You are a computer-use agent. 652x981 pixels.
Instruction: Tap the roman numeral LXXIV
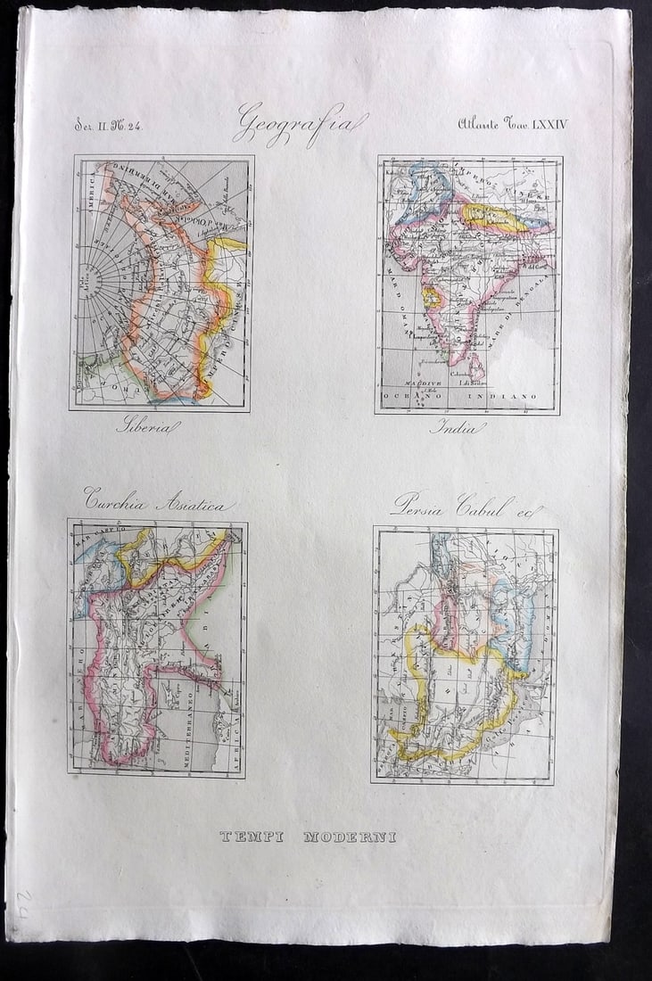[549, 124]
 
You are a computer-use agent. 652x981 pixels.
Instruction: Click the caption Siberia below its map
[147, 426]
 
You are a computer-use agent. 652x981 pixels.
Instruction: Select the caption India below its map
[458, 427]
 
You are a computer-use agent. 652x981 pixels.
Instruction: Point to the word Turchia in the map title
[116, 501]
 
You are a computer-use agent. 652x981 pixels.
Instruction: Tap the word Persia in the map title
[421, 505]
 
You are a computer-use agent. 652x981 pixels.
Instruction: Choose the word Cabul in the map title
[485, 506]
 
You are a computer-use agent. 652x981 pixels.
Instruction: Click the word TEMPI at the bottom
[252, 837]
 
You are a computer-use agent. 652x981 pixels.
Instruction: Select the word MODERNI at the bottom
[350, 837]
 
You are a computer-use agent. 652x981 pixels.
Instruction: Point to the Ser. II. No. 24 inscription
[108, 125]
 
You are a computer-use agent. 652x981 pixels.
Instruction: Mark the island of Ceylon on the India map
[478, 364]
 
